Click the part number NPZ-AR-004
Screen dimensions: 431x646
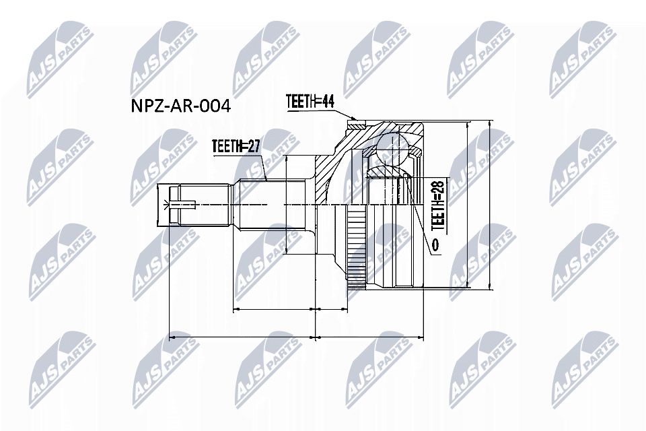coord(179,106)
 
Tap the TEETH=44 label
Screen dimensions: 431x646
coord(310,101)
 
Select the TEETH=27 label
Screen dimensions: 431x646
coord(236,146)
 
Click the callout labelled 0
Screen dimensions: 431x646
coord(435,246)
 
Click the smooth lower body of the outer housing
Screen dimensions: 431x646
coord(397,263)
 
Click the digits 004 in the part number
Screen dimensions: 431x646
coord(215,106)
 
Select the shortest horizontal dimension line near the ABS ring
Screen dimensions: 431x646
coord(330,309)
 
